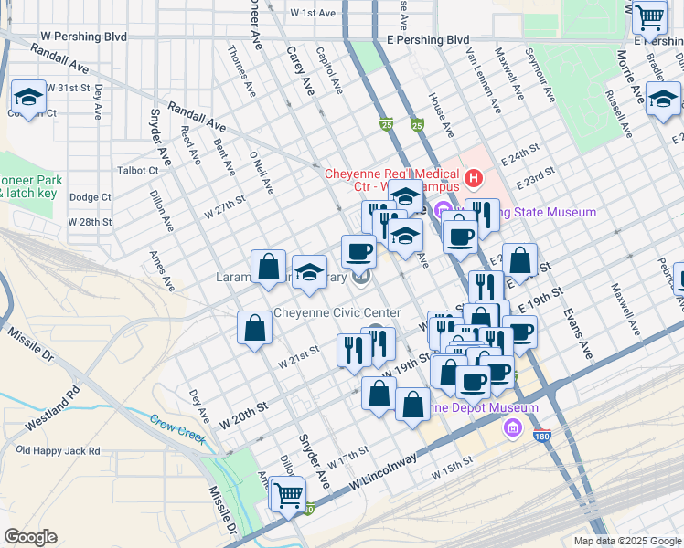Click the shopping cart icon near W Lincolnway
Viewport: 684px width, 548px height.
tap(289, 495)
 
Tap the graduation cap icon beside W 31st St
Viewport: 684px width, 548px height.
tap(28, 98)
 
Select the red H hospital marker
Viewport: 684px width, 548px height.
tap(474, 176)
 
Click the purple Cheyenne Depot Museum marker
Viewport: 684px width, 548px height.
tap(511, 427)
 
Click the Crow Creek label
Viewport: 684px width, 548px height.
tap(178, 427)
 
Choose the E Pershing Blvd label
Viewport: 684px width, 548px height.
tap(428, 40)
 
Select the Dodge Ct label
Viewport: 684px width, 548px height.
tap(90, 197)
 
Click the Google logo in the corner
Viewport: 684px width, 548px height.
tap(30, 537)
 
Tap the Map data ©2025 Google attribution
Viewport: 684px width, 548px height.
tap(626, 541)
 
